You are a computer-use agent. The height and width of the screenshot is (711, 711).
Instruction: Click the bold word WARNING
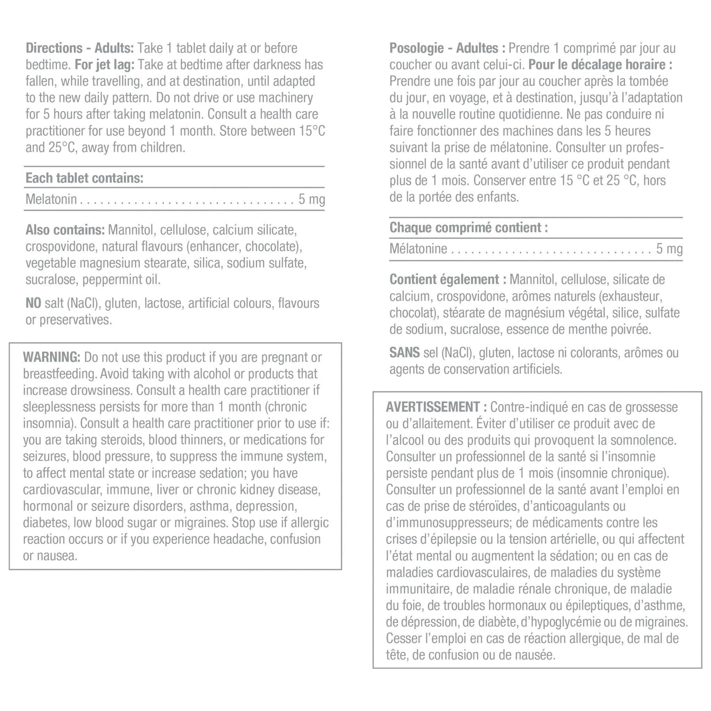click(x=52, y=357)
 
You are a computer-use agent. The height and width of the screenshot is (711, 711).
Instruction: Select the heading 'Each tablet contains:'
click(x=84, y=178)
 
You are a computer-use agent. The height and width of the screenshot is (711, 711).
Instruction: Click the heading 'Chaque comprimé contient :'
click(x=468, y=228)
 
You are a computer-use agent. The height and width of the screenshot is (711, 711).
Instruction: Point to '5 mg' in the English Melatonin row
click(x=312, y=199)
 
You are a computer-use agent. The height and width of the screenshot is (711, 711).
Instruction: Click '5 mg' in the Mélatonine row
click(x=669, y=249)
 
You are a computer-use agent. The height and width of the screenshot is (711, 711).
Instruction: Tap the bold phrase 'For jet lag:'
click(x=104, y=65)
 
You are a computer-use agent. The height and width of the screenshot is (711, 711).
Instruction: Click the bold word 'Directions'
click(x=54, y=48)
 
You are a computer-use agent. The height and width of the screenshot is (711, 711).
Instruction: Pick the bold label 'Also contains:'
click(x=65, y=230)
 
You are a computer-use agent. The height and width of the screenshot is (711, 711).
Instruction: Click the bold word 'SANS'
click(x=404, y=353)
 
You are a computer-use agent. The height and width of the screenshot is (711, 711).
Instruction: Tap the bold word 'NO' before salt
click(x=33, y=303)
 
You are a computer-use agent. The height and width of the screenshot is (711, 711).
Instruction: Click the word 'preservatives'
click(x=75, y=320)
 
